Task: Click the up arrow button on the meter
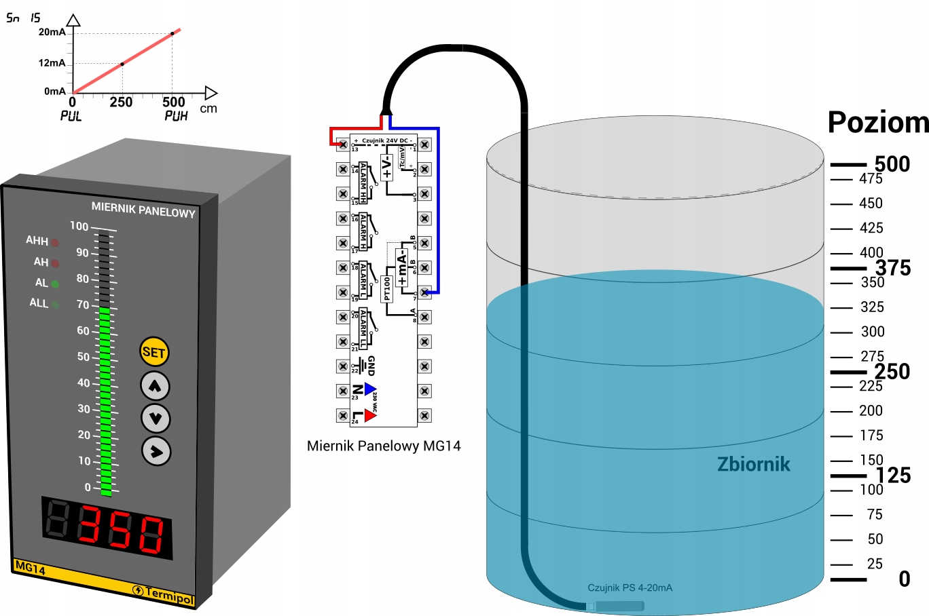coord(155,386)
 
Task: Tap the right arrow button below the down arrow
coord(156,451)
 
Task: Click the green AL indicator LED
coord(55,284)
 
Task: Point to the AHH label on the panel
coord(37,241)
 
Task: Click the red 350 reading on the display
coord(122,529)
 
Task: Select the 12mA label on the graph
coord(52,63)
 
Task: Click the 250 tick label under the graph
coord(121,102)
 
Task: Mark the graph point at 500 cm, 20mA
coord(172,33)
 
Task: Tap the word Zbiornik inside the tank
coord(753,464)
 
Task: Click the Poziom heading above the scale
coord(877,122)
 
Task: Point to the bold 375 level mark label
coord(892,268)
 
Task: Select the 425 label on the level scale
coord(871,228)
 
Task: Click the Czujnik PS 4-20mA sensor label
coord(630,588)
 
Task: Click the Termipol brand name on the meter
coord(169,596)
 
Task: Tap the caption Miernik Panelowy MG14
coord(384,446)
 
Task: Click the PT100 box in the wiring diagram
coord(387,288)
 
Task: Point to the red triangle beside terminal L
coord(370,415)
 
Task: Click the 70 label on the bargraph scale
coord(83,305)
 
